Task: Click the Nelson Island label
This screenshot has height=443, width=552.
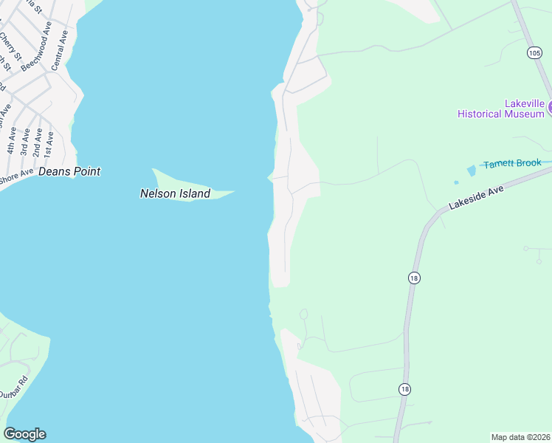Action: pyautogui.click(x=175, y=194)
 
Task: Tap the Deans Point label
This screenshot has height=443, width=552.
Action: pyautogui.click(x=69, y=171)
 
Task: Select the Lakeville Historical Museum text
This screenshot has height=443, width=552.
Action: pyautogui.click(x=500, y=109)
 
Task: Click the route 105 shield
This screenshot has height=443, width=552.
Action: pyautogui.click(x=534, y=52)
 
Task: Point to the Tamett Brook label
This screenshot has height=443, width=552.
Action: pyautogui.click(x=512, y=163)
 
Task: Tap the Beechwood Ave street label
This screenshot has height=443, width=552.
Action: pyautogui.click(x=37, y=46)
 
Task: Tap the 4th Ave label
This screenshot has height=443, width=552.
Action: pyautogui.click(x=12, y=140)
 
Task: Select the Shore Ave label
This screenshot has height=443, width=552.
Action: pyautogui.click(x=16, y=176)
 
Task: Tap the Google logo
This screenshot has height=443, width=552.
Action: pyautogui.click(x=24, y=434)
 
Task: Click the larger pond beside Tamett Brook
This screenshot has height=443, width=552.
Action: pyautogui.click(x=471, y=171)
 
